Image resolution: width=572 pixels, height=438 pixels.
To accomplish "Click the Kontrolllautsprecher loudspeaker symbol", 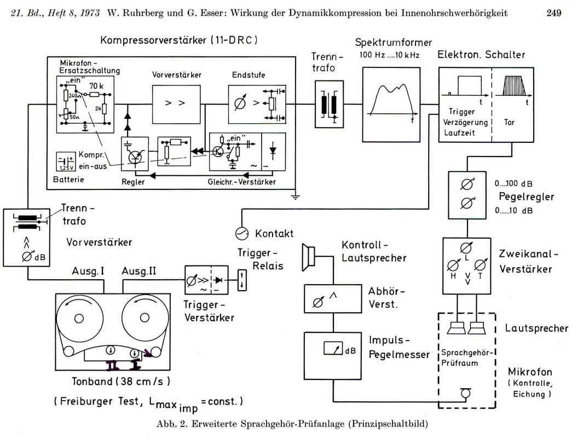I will tap(309, 257).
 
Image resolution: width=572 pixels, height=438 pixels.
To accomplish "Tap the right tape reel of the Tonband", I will tap(144, 319).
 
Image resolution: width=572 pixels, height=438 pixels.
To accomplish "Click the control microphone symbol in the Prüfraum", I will tap(466, 393).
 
